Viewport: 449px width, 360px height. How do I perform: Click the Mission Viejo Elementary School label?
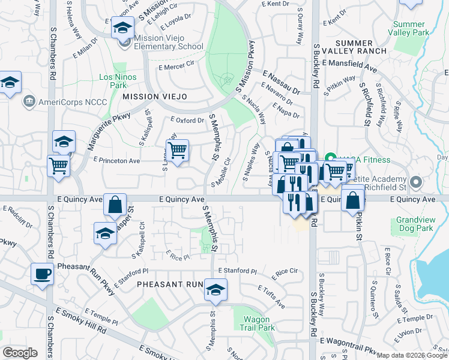169,41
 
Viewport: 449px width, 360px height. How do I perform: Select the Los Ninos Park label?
113,81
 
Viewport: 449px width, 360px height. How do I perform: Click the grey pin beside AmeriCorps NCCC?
28,101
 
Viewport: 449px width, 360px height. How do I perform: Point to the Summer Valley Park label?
411,28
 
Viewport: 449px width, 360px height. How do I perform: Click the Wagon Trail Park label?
259,323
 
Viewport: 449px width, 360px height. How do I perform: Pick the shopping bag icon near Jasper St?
115,204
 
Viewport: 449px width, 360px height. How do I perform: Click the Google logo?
20,353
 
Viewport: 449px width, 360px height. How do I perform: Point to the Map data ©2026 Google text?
412,355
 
